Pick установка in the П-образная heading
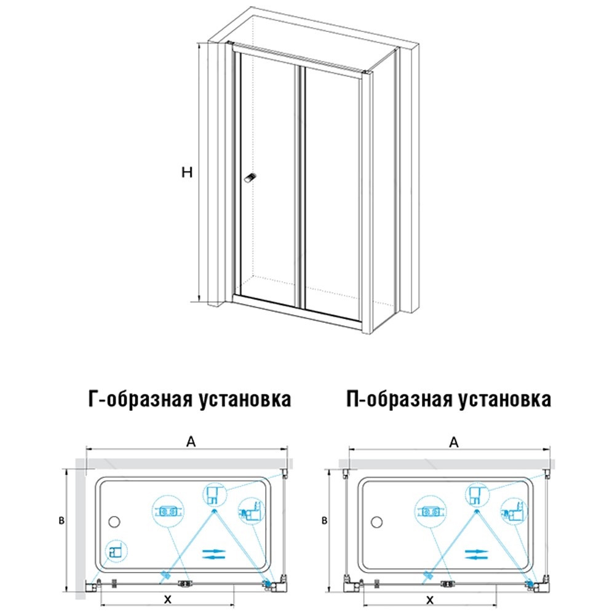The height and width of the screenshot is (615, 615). (505, 400)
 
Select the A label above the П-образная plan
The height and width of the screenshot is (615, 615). (454, 441)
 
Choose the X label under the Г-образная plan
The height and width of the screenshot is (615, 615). (167, 598)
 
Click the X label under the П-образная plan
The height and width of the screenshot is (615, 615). (430, 598)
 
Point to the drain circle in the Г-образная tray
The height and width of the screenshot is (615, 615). (113, 522)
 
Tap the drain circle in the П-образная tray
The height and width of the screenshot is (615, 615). (376, 522)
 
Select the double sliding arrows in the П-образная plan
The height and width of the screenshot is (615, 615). (475, 553)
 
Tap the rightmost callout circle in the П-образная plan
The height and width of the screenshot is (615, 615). (513, 509)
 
